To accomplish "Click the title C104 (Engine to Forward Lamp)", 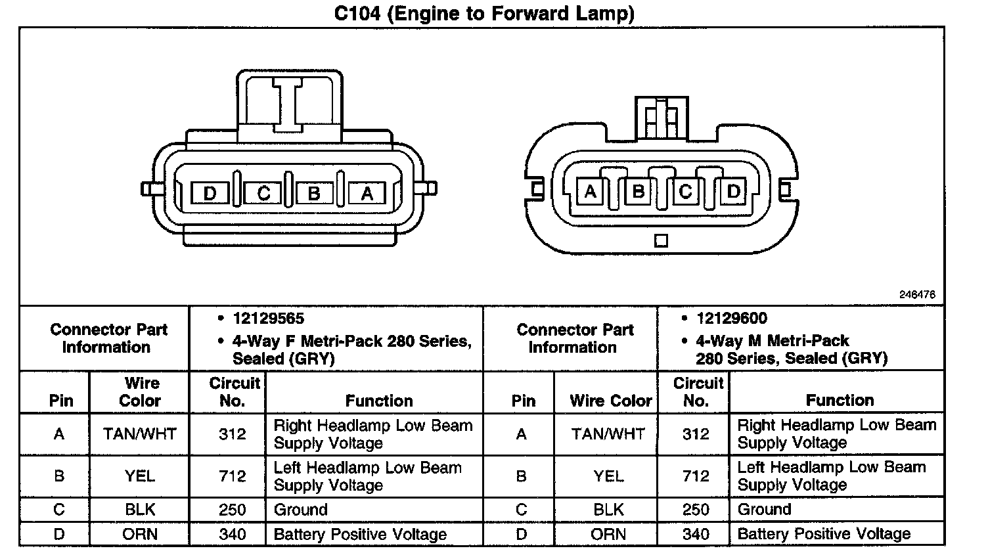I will tap(484, 13).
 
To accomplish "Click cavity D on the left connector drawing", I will tap(210, 193).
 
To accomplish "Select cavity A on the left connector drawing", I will tap(367, 193).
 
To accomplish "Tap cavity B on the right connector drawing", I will tap(638, 191).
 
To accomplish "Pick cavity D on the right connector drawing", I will tap(734, 191).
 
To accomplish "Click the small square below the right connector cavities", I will tap(662, 240).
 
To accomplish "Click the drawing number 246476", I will tap(917, 295).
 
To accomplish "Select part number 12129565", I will tap(268, 319).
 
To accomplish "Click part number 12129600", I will tap(731, 319).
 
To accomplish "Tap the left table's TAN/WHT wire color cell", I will tap(139, 434).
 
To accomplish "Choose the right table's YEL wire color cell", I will tap(608, 476).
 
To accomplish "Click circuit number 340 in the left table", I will tap(233, 534).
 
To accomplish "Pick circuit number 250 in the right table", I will tap(696, 510).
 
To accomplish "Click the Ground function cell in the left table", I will tap(300, 510).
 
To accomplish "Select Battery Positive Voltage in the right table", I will tap(824, 534).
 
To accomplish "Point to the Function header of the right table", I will tap(840, 400).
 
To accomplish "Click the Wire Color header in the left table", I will tap(140, 391).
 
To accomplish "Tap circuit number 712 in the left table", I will tap(233, 476).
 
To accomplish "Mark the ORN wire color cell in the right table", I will tap(608, 534).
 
